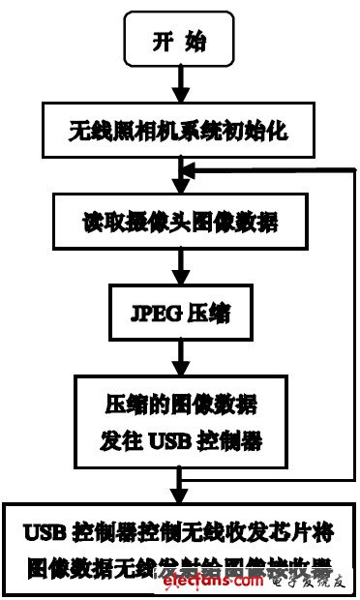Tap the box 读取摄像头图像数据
pyautogui.click(x=178, y=223)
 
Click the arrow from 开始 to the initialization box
pyautogui.click(x=178, y=85)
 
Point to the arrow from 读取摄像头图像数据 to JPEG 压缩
pyautogui.click(x=178, y=271)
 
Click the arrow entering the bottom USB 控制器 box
pyautogui.click(x=178, y=484)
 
